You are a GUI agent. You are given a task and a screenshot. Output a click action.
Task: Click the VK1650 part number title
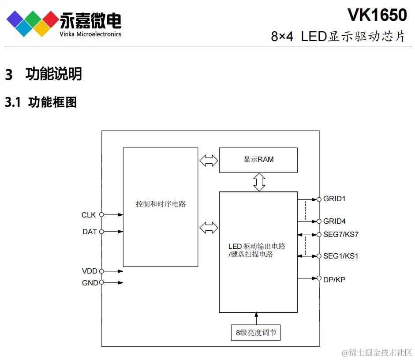pos(377,15)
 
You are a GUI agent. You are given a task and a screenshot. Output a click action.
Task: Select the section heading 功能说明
pos(54,74)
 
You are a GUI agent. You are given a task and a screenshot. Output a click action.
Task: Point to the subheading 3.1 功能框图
pos(41,102)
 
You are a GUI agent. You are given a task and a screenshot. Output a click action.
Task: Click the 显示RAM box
pos(258,160)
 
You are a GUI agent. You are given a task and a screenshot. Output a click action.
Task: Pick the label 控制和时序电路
pos(161,204)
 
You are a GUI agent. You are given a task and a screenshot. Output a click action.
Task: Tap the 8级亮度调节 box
pos(256,333)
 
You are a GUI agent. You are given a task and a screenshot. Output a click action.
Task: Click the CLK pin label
pos(89,215)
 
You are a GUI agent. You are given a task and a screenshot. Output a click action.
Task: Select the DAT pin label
pos(90,232)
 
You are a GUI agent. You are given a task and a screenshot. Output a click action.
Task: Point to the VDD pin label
pos(90,271)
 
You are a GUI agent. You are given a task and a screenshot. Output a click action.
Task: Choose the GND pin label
pos(90,283)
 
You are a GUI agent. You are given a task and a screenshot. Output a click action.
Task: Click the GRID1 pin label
pos(334,199)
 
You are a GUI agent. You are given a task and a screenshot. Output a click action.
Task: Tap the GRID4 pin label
pos(334,221)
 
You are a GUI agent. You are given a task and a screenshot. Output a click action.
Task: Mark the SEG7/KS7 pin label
pos(341,234)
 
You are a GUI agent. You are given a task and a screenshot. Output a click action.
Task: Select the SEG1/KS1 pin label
pos(340,256)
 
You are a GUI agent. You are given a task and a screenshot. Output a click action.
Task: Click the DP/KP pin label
pos(334,279)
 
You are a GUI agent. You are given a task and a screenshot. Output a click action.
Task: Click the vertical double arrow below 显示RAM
pos(259,182)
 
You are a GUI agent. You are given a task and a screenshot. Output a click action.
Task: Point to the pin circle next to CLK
pos(101,215)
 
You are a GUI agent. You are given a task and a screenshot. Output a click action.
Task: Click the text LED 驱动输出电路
pos(257,246)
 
